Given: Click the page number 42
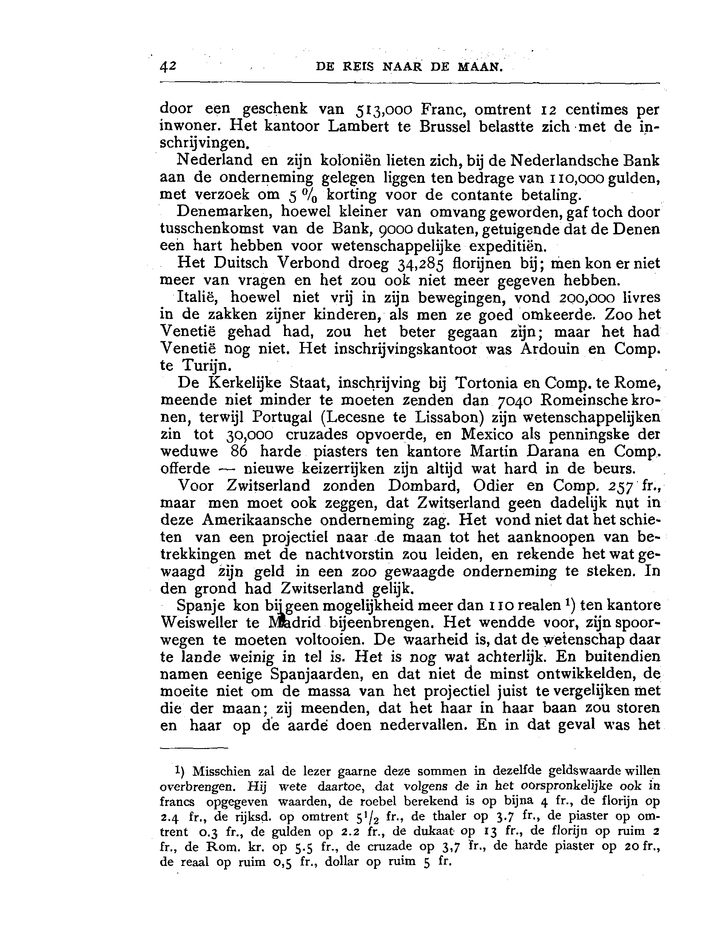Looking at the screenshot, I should click(x=168, y=67).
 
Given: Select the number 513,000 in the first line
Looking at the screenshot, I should click(x=384, y=110).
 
